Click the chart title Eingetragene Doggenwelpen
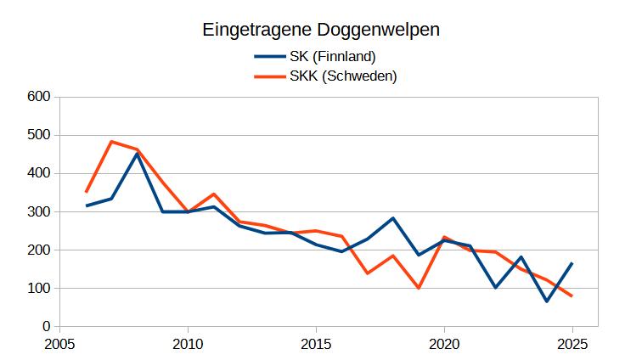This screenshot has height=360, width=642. tap(320, 30)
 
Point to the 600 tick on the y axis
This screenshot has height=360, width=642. tap(39, 97)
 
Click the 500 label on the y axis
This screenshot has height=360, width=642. tap(39, 135)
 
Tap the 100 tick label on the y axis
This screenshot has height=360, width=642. tap(39, 289)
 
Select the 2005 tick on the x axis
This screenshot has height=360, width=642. tap(59, 346)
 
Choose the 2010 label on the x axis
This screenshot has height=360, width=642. tap(188, 346)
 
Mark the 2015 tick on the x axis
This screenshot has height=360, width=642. tap(316, 346)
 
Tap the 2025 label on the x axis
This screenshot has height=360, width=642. tap(572, 346)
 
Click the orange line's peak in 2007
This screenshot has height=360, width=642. tap(111, 142)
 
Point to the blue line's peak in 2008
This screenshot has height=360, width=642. tap(137, 154)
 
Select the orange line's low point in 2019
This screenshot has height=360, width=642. tap(419, 288)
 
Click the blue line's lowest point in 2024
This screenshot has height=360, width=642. tap(547, 301)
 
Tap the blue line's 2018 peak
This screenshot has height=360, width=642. tap(393, 218)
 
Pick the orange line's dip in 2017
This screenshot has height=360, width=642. tap(368, 273)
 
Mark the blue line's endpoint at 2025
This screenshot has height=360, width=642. tap(572, 263)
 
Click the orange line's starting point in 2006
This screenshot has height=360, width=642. tap(86, 192)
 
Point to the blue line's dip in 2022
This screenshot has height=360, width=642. tap(496, 288)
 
